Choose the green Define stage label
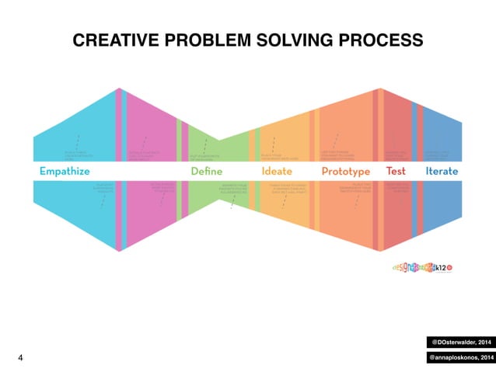(206, 171)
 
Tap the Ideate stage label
(278, 171)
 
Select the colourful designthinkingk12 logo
(423, 266)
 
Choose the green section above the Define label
(206, 148)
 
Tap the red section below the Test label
(396, 210)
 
